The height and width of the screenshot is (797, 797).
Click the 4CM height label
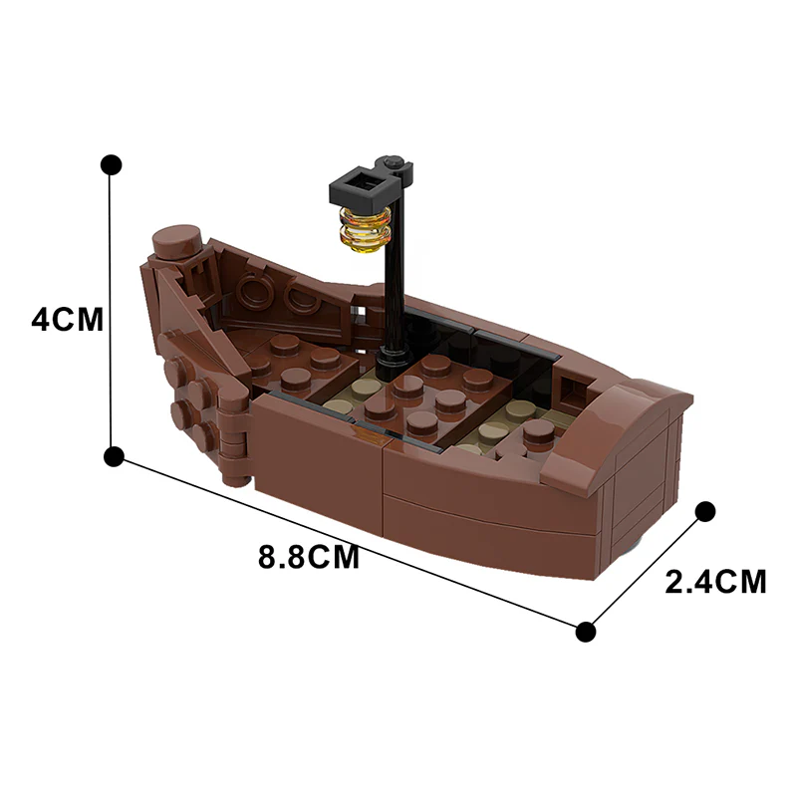[x=67, y=320]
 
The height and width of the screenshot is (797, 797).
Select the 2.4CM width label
[x=715, y=582]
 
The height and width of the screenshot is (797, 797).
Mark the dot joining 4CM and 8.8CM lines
[x=114, y=457]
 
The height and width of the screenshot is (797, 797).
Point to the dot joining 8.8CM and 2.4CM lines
[x=586, y=631]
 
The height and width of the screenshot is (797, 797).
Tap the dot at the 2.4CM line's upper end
[x=704, y=512]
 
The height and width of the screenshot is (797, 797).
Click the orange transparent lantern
[x=364, y=226]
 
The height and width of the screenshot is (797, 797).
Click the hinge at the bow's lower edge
[x=233, y=438]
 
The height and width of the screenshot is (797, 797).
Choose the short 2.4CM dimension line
[x=646, y=571]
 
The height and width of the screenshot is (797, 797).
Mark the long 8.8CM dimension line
[x=349, y=544]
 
